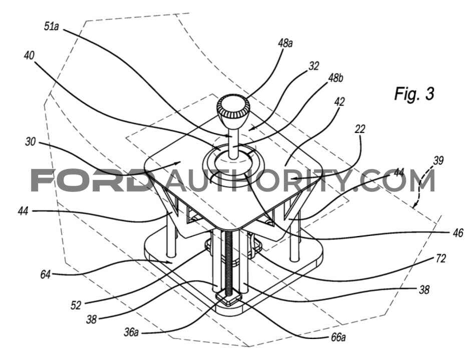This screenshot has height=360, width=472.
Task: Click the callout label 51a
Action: (51, 26)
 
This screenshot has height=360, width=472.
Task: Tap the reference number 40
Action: (29, 55)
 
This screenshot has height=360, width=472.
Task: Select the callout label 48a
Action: (285, 43)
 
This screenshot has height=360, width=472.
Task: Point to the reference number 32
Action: (314, 66)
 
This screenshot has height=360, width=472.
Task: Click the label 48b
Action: (336, 78)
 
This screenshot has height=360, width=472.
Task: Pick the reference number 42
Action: (339, 101)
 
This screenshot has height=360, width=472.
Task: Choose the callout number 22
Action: (360, 129)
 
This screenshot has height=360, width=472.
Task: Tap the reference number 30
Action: (31, 141)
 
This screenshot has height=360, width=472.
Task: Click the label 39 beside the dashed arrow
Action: (438, 160)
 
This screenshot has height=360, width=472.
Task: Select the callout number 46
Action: (458, 233)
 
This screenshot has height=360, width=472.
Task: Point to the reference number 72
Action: (440, 258)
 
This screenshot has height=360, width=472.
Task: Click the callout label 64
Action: (46, 274)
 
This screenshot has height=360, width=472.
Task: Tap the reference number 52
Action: (76, 305)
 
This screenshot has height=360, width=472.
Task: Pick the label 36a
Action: (131, 332)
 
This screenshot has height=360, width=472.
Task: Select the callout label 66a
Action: (338, 337)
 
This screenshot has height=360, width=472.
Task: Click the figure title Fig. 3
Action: (414, 94)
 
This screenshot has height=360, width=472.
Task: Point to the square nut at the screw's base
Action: (230, 298)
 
